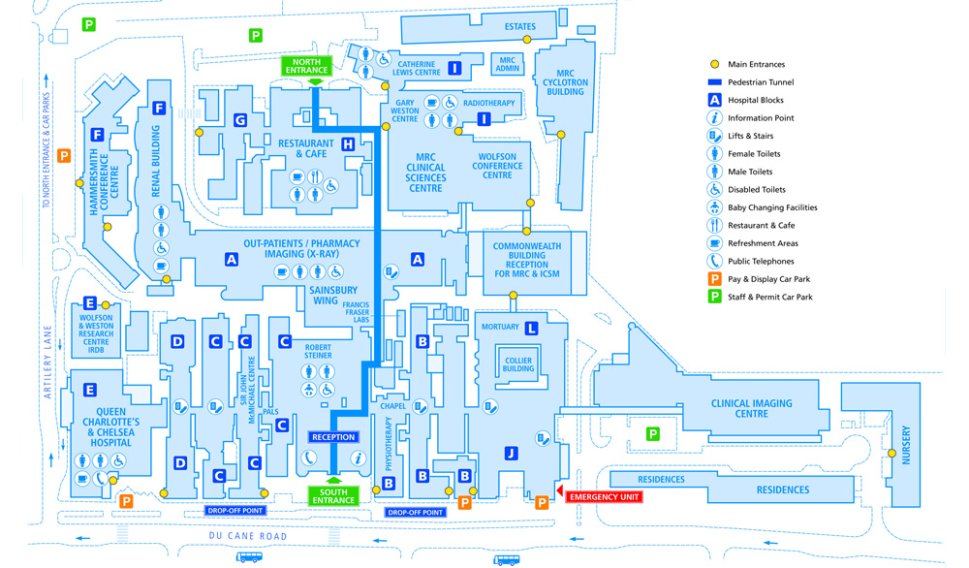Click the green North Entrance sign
(307, 67)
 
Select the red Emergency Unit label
(604, 497)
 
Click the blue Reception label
(332, 437)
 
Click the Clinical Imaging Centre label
(751, 408)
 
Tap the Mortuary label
(500, 328)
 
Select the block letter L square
(531, 329)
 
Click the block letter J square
(511, 453)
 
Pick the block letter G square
(239, 121)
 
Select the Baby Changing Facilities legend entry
(772, 207)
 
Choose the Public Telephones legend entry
(761, 261)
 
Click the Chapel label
(392, 405)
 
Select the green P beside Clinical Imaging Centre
(653, 434)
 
